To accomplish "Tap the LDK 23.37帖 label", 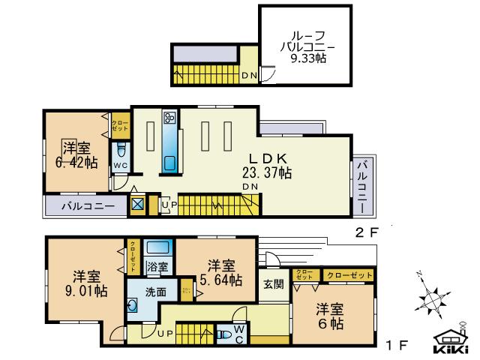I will (x=256, y=166).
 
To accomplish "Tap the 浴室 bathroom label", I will (x=157, y=266).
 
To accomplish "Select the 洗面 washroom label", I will (x=156, y=292).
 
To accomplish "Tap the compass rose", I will (x=432, y=299).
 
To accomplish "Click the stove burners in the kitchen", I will (x=169, y=118).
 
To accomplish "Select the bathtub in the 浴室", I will (x=158, y=248).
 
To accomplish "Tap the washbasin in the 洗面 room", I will (x=133, y=306).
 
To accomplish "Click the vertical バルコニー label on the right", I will (x=362, y=185).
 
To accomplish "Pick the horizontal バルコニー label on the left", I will (x=88, y=205).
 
